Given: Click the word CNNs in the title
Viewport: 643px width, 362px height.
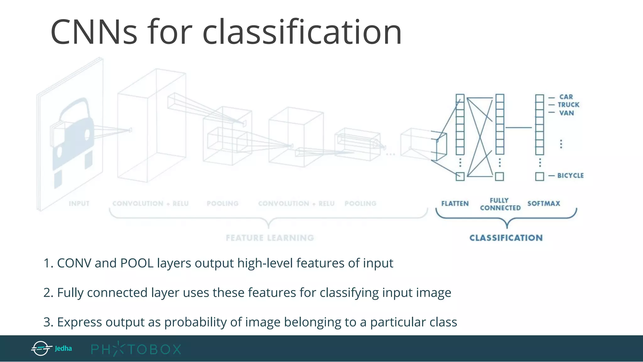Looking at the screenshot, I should coord(94,32).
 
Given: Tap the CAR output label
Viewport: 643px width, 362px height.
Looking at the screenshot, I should coord(566,97).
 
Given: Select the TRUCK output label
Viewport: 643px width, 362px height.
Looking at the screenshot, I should coord(569,105).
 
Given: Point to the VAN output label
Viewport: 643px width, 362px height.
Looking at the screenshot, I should coord(567,113).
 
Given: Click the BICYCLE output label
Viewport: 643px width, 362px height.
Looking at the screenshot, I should coord(570,176).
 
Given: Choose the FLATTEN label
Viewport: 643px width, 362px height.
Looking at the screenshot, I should coord(455,204).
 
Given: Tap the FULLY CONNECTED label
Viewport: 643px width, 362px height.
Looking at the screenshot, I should coord(500,204).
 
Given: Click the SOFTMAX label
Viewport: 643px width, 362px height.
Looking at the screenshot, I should coord(544,204).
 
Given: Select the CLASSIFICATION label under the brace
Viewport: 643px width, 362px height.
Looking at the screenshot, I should coord(506,238).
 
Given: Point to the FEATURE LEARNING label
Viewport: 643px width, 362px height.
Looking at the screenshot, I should coord(270,238).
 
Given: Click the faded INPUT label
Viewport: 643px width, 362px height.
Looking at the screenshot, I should coord(79,204).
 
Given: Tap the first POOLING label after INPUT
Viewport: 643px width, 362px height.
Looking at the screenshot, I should coord(223,204).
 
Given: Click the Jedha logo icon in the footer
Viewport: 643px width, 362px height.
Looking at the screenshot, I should coord(41,348).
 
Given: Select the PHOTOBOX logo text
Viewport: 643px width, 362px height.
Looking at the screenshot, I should coord(136,349).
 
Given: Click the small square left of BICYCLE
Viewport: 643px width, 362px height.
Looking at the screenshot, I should coord(540,176).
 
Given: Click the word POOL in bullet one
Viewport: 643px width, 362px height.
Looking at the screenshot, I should coord(137,263).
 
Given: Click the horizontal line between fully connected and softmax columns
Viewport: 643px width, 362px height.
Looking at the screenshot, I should coord(519,128).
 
